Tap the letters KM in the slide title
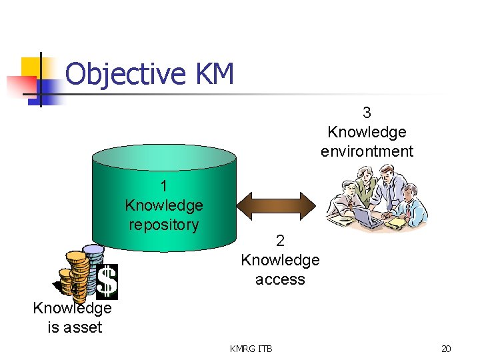215,73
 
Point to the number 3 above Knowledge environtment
367,113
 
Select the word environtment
367,151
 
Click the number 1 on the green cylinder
163,186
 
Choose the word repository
163,225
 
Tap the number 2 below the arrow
280,241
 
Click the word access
280,279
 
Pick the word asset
84,327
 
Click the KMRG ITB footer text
251,348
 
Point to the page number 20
446,348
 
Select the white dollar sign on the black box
107,281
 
